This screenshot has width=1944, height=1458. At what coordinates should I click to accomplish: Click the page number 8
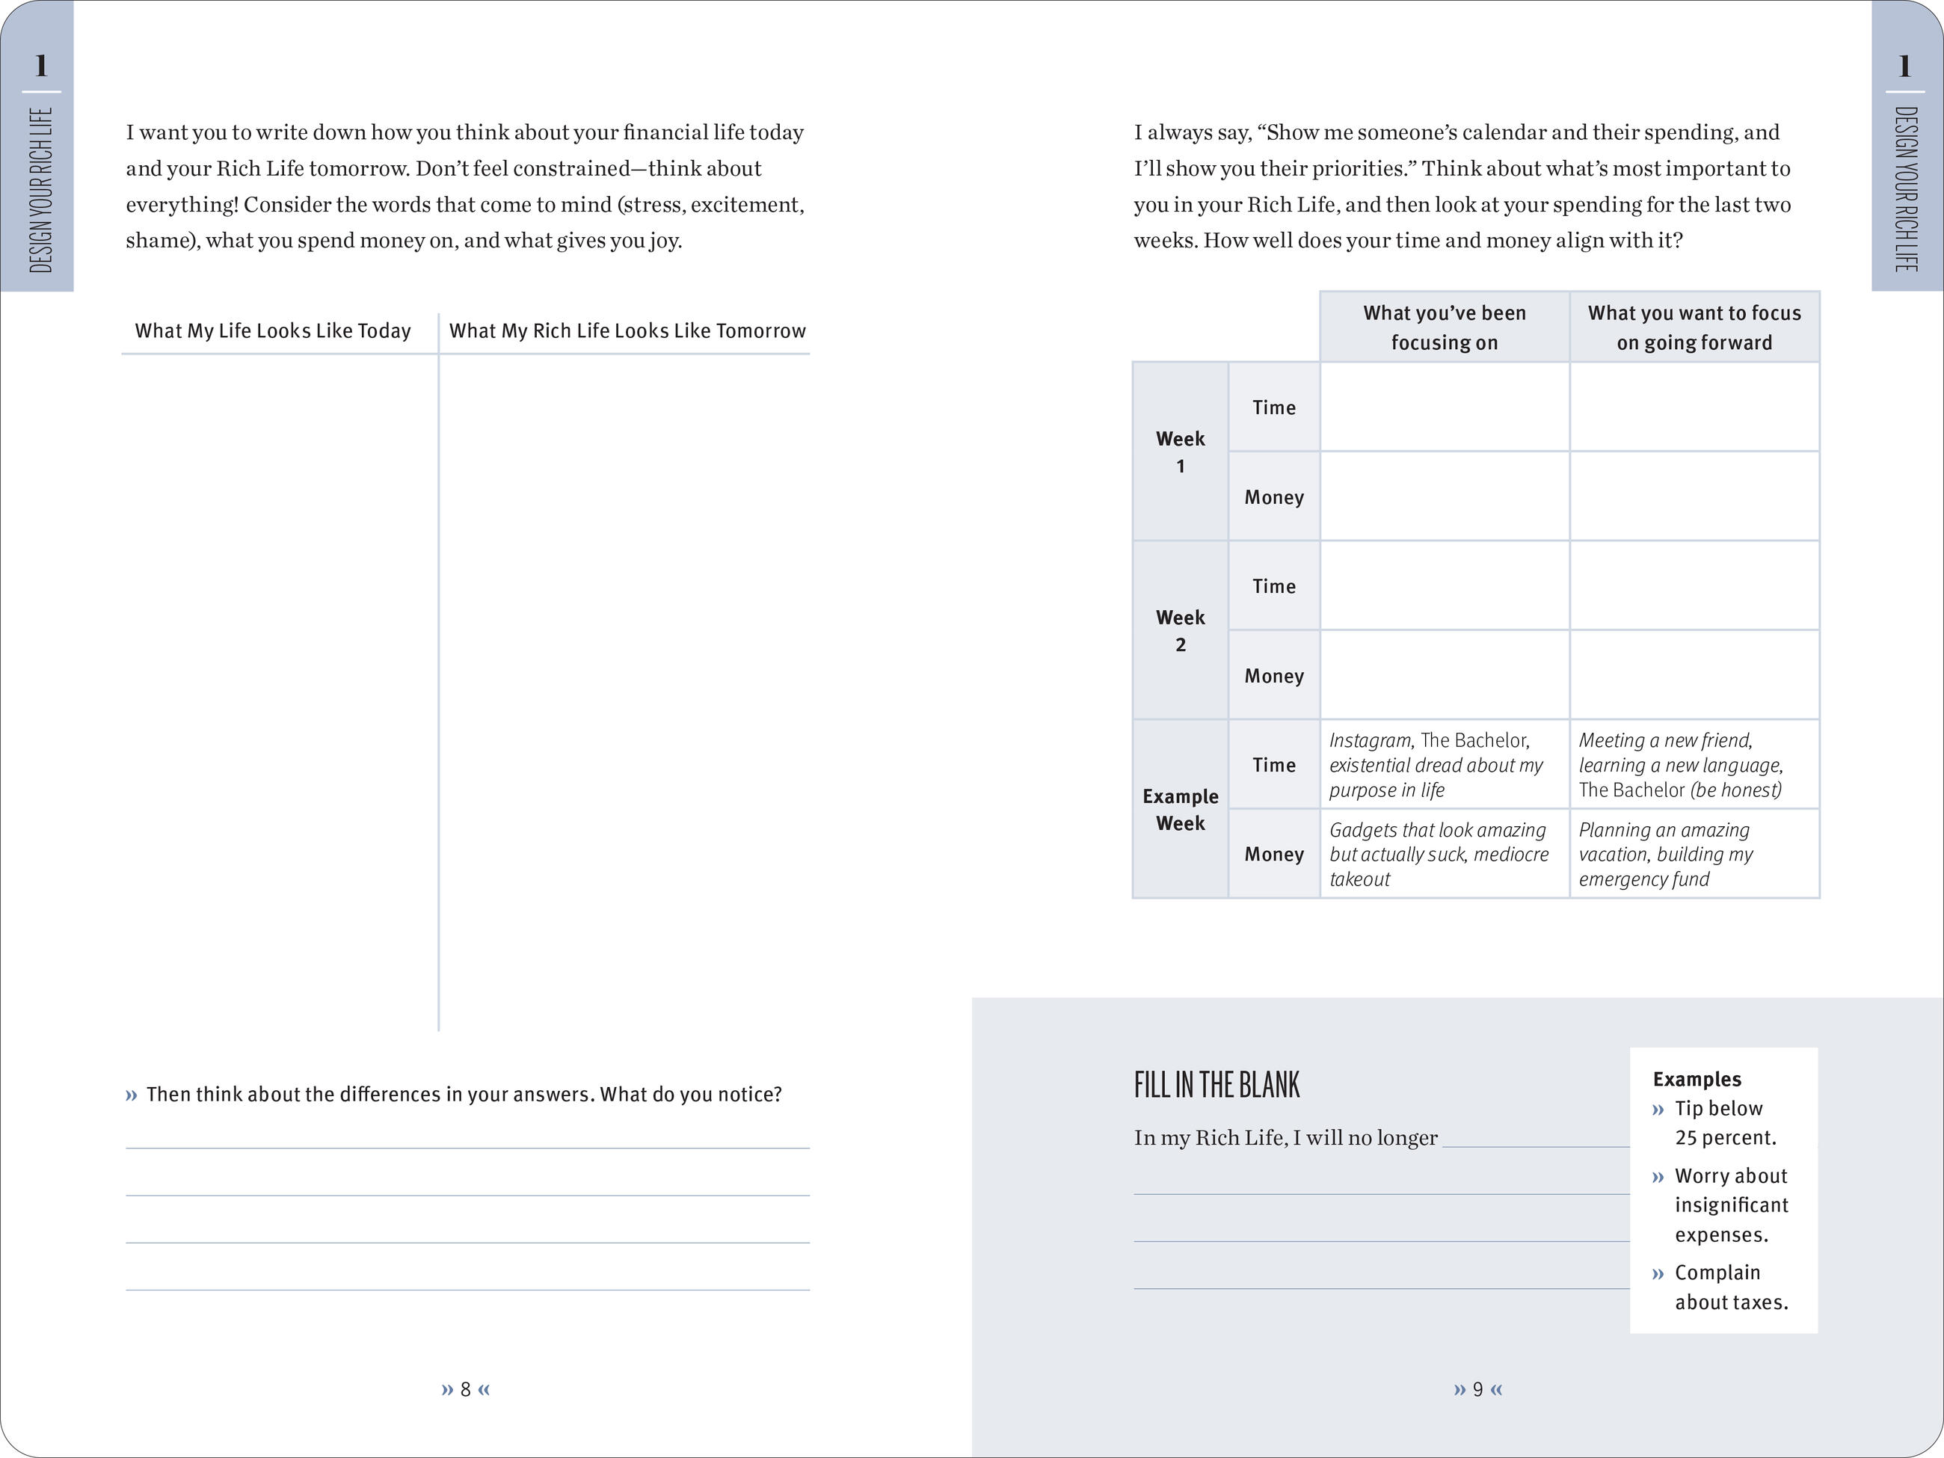pyautogui.click(x=466, y=1389)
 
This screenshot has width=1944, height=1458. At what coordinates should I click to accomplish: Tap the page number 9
pyautogui.click(x=1478, y=1389)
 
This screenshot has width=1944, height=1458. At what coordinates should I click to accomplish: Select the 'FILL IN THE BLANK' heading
pyautogui.click(x=1216, y=1086)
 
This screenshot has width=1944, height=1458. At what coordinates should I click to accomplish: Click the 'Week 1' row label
pyautogui.click(x=1181, y=452)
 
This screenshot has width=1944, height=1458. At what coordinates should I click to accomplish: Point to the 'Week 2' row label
pyautogui.click(x=1181, y=630)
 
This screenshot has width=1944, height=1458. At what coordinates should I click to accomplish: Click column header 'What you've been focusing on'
pyautogui.click(x=1444, y=327)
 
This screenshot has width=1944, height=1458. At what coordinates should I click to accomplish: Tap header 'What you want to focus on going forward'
pyautogui.click(x=1694, y=327)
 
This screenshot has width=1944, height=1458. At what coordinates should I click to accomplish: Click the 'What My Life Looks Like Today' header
pyautogui.click(x=272, y=331)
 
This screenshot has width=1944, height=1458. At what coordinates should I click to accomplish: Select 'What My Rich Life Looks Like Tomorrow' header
pyautogui.click(x=627, y=331)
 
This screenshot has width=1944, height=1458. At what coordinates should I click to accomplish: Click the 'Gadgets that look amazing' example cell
pyautogui.click(x=1439, y=854)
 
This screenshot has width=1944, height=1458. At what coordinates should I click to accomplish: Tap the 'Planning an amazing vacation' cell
pyautogui.click(x=1665, y=854)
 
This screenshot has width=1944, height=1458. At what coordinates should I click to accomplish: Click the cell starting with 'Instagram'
pyautogui.click(x=1435, y=765)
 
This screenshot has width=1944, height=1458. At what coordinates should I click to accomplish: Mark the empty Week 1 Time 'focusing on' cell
pyautogui.click(x=1444, y=407)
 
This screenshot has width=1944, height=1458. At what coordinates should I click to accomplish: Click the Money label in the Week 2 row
pyautogui.click(x=1273, y=676)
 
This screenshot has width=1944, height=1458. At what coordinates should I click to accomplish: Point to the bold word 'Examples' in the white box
pyautogui.click(x=1697, y=1079)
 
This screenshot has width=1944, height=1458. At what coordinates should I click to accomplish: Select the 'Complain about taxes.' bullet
pyautogui.click(x=1730, y=1287)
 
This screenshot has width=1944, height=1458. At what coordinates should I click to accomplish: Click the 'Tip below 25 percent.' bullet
pyautogui.click(x=1724, y=1122)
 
